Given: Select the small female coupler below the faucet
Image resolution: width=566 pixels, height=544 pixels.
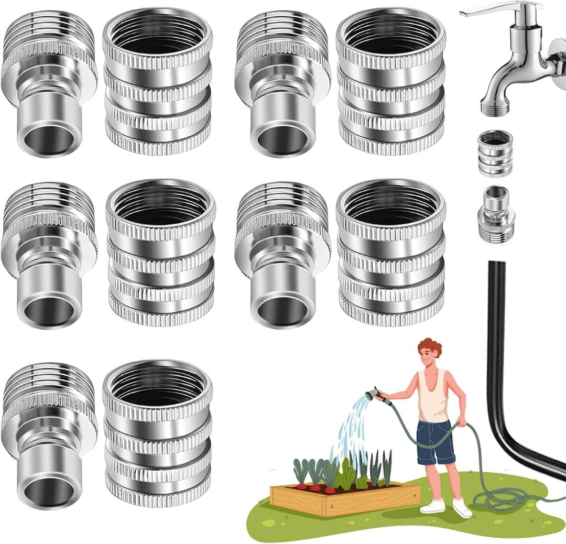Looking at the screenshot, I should coord(495,154).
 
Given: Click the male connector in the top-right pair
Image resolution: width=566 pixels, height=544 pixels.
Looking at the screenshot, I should coord(283,84).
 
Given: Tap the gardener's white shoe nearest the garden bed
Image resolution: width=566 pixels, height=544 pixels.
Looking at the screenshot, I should coord(433,506).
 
